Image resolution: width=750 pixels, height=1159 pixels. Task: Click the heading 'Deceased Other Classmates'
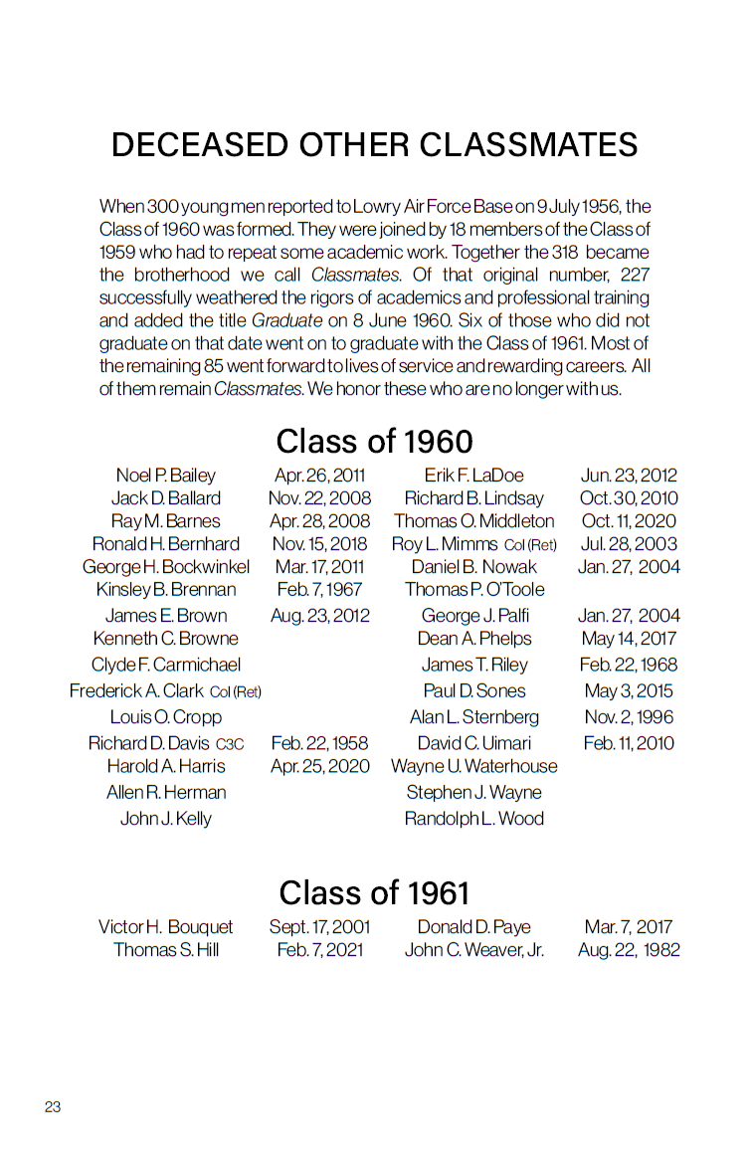(x=374, y=145)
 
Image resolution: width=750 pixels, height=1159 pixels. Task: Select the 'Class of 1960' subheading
(x=374, y=441)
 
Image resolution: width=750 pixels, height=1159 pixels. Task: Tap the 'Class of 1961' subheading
(x=374, y=892)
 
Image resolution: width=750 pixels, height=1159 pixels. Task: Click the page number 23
(x=53, y=1106)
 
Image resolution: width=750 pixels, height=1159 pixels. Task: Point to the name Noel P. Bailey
(x=165, y=476)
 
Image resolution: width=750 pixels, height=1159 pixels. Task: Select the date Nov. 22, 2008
(x=319, y=498)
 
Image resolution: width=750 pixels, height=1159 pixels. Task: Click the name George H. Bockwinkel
(x=166, y=567)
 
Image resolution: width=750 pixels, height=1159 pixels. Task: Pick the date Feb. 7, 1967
(x=319, y=590)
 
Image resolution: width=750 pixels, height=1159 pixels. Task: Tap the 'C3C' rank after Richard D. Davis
(x=230, y=744)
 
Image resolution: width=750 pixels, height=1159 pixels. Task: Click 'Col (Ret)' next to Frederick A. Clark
(x=236, y=692)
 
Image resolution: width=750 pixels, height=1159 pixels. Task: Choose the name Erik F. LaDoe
(x=473, y=476)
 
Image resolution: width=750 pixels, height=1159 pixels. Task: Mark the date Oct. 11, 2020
(x=628, y=521)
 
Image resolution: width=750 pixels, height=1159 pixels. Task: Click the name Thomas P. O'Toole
(x=474, y=590)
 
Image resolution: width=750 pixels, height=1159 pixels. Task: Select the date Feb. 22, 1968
(x=628, y=665)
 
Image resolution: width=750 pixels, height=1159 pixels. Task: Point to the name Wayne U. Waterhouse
(x=473, y=767)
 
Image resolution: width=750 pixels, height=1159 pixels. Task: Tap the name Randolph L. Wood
(x=473, y=819)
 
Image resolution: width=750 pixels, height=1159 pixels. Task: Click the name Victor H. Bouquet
(x=165, y=927)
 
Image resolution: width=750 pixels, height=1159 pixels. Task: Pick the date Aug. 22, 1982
(x=629, y=950)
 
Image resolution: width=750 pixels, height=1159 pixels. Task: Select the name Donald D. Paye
(x=473, y=927)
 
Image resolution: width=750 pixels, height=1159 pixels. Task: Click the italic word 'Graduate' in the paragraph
(x=286, y=320)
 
